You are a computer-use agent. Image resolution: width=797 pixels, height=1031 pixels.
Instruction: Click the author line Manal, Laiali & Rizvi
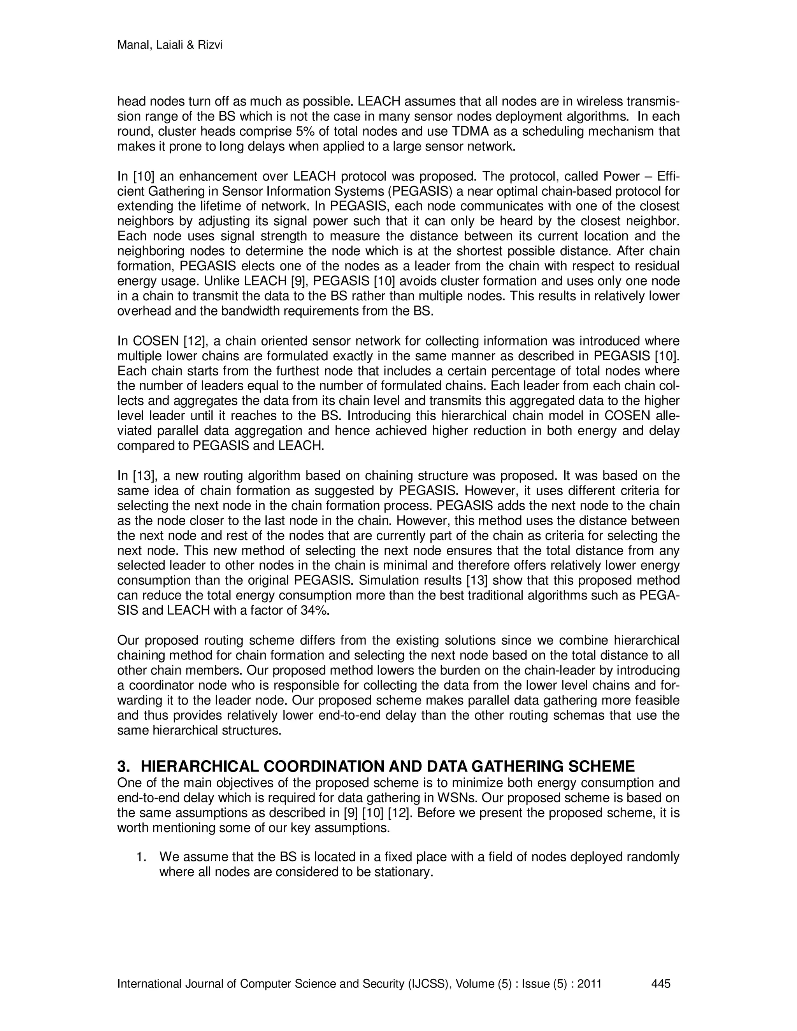point(170,45)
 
